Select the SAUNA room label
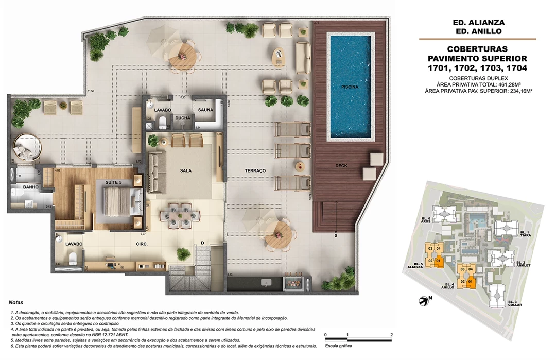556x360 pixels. pos(201,110)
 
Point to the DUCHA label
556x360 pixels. pos(182,118)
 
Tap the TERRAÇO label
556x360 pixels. pos(255,170)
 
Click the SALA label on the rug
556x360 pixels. pos(186,170)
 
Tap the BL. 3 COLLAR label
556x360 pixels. pos(516,303)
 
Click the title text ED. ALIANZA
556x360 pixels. pos(478,23)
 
